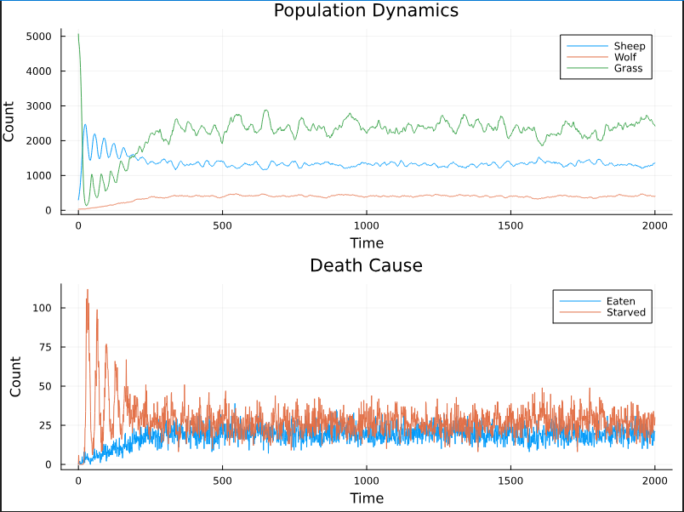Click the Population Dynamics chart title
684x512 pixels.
(366, 11)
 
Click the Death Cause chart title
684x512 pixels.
(366, 265)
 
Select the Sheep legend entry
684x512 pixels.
(629, 46)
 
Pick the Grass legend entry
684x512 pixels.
(628, 68)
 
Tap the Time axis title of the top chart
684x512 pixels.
(366, 243)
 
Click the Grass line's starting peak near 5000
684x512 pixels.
(78, 35)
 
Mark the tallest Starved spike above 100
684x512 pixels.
(87, 290)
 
